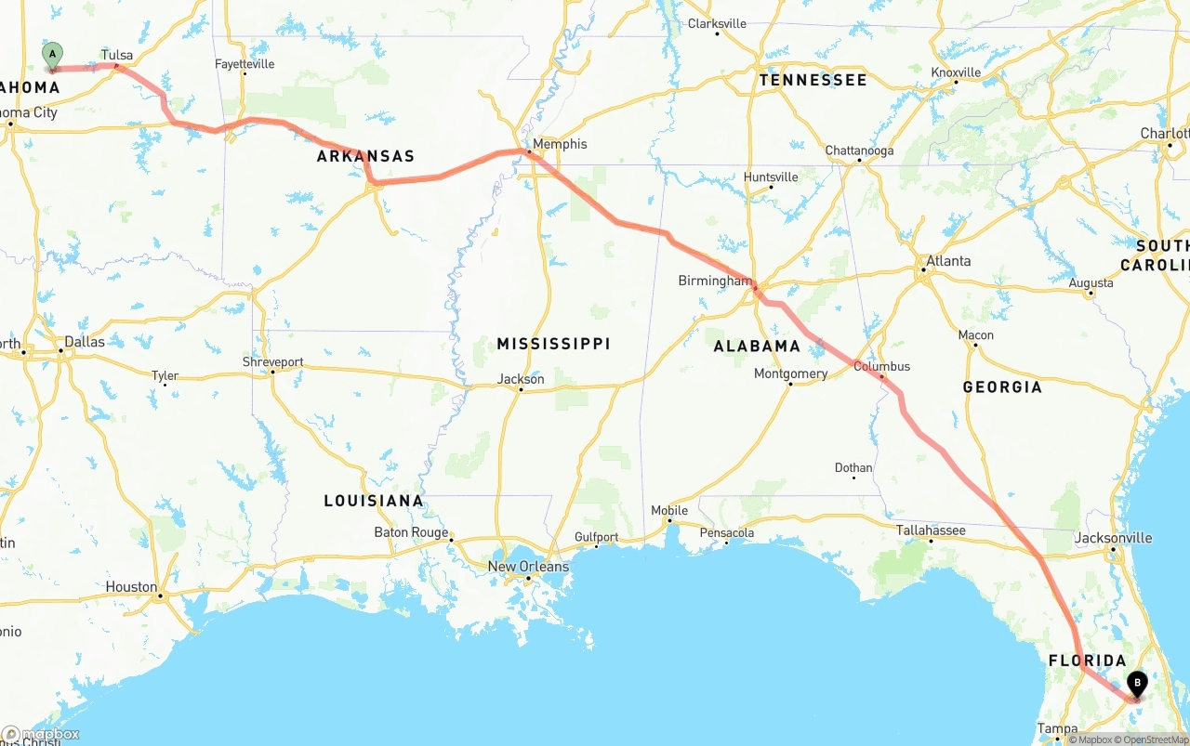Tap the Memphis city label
[560, 144]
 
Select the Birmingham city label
[714, 280]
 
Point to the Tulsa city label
[117, 55]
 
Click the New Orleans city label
[528, 567]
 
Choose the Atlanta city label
[948, 261]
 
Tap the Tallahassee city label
[931, 530]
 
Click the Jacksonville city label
[1113, 538]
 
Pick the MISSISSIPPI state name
[553, 344]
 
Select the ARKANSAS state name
[365, 156]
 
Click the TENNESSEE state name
[813, 80]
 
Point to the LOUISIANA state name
[374, 501]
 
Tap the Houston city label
[131, 586]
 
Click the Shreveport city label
[272, 361]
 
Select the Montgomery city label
[790, 373]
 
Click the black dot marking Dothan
[853, 479]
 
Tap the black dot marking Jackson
[521, 389]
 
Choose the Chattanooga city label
[859, 151]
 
